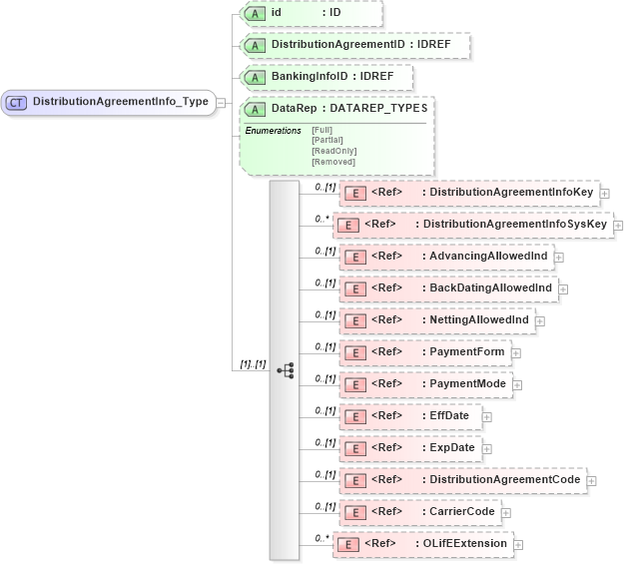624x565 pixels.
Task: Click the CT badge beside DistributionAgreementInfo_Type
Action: tap(17, 102)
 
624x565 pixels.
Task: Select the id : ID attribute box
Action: tap(310, 13)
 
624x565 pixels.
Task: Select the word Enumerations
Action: tap(274, 130)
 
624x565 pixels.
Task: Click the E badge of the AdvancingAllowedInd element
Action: tap(352, 257)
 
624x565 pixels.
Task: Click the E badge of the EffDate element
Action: tap(352, 416)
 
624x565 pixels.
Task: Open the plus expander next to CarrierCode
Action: tap(505, 512)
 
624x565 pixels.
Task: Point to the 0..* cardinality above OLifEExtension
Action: tap(321, 537)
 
